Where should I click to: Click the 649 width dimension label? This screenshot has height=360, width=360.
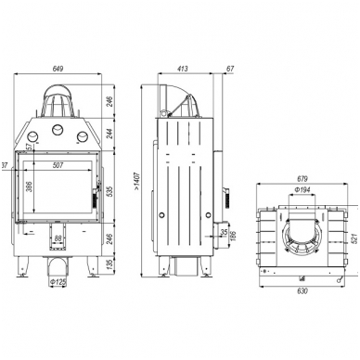58,69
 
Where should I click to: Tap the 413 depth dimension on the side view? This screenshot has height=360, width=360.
183,69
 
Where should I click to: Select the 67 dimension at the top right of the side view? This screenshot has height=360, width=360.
230,69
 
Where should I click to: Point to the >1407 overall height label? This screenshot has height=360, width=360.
137,181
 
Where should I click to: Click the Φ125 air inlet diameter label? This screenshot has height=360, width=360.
58,282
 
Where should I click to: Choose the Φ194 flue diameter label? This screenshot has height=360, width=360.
302,190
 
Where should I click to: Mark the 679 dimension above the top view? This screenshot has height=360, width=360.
302,179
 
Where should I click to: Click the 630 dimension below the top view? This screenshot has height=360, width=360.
302,291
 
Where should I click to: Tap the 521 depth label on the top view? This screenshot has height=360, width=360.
354,238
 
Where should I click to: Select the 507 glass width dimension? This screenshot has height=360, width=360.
58,165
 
